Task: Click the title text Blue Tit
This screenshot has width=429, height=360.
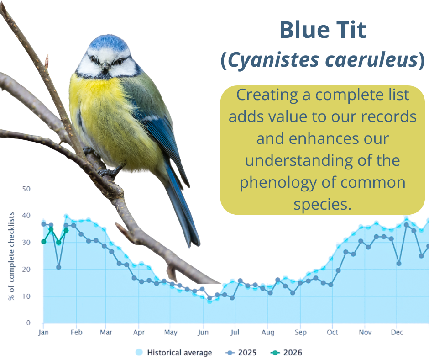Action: [x=323, y=30]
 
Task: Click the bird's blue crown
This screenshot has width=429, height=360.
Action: [x=109, y=42]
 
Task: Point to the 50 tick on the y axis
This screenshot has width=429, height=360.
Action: [x=26, y=189]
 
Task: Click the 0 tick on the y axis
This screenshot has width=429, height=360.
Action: [x=28, y=323]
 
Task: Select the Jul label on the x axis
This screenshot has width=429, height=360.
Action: [x=235, y=332]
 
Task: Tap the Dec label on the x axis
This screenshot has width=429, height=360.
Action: [x=397, y=332]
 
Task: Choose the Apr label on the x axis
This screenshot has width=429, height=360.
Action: [x=139, y=333]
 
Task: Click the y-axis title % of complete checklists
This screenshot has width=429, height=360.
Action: [x=11, y=256]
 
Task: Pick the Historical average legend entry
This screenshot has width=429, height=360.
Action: [x=173, y=352]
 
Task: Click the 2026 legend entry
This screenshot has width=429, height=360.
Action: [x=286, y=352]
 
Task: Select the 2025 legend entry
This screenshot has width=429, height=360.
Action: [x=241, y=352]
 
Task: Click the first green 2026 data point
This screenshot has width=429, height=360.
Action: [x=43, y=242]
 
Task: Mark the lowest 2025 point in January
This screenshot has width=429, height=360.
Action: [x=58, y=267]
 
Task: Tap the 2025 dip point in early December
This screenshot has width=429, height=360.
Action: [x=398, y=263]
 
